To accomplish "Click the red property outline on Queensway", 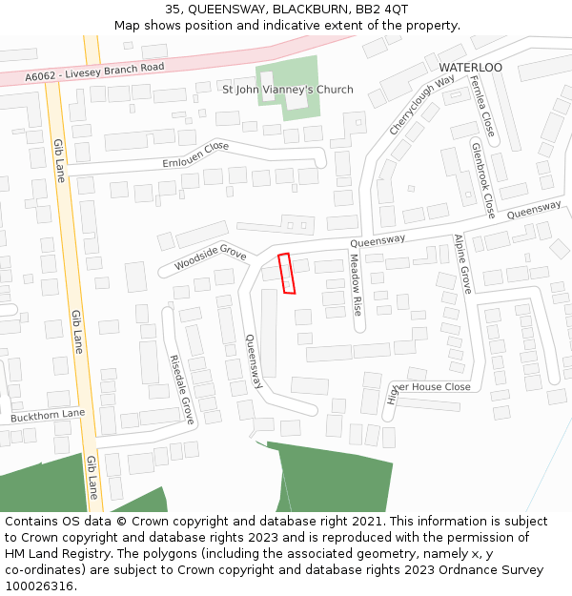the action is (286, 273).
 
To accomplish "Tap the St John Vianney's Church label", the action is (287, 90).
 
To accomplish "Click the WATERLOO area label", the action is (470, 68).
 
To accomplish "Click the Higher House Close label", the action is (428, 387).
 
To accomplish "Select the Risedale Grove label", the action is (181, 389).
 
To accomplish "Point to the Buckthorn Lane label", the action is (48, 416).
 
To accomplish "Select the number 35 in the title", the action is (173, 9).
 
